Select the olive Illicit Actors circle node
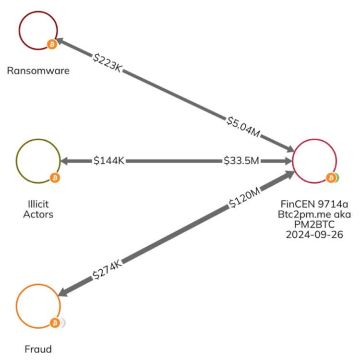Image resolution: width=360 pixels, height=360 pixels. [38, 161]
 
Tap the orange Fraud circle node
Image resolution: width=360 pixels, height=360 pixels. [38, 306]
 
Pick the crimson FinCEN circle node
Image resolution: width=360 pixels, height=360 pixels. [314, 161]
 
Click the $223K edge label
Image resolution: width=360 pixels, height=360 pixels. [108, 62]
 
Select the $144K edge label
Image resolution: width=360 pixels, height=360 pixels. [109, 161]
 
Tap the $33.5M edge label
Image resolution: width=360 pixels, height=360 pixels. [241, 161]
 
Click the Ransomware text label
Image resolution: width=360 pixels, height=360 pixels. [38, 71]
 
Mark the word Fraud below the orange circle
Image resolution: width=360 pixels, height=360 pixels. [38, 349]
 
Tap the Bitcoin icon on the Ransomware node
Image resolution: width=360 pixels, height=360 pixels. [52, 44]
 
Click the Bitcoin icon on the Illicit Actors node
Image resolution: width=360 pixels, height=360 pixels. [55, 178]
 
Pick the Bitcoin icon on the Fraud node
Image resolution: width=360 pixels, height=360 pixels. [55, 323]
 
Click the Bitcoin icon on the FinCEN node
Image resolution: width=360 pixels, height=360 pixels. [330, 178]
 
